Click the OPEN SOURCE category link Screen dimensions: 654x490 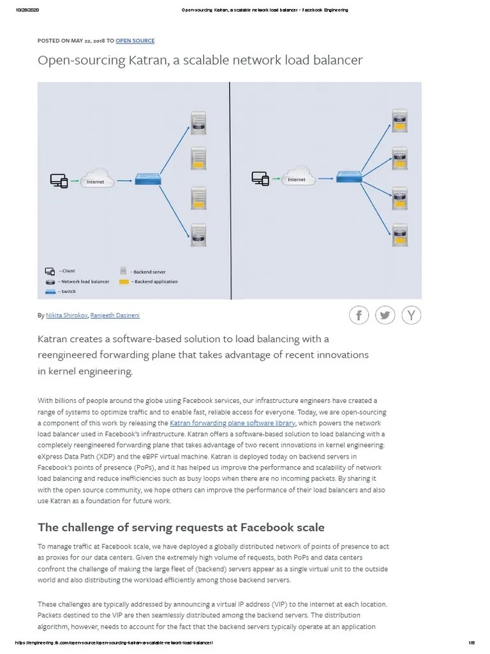pos(135,41)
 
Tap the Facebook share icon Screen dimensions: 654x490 pos(359,315)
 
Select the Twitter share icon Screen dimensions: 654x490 pos(385,315)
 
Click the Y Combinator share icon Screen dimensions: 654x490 pos(412,315)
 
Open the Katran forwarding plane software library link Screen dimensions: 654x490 pos(232,423)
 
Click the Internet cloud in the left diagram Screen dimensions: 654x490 pos(96,178)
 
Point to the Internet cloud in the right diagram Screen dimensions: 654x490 pos(297,176)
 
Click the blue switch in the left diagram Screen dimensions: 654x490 pos(147,181)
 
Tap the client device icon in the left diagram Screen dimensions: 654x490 pos(59,181)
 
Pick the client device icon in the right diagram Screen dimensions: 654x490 pos(260,179)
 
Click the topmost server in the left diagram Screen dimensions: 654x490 pos(198,123)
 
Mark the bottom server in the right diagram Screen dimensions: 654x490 pos(400,234)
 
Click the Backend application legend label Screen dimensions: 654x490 pos(156,282)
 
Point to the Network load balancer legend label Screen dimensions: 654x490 pos(85,282)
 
